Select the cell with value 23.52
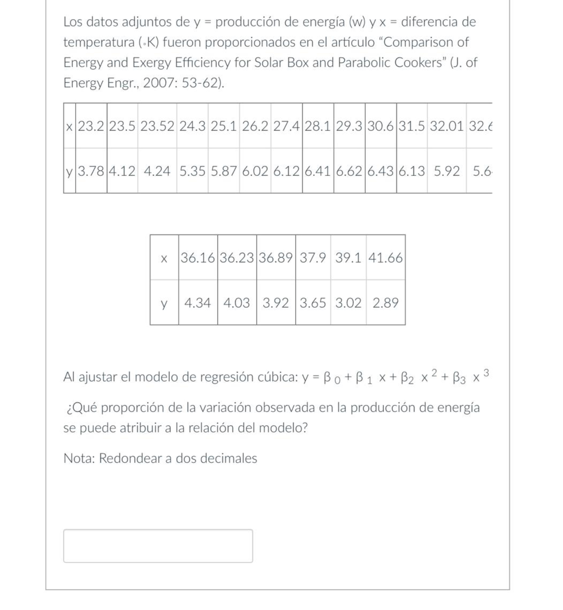(x=157, y=126)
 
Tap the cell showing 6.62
(x=349, y=171)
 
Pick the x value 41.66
(x=385, y=258)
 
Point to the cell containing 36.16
(x=198, y=258)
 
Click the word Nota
(x=79, y=458)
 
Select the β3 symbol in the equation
(x=459, y=378)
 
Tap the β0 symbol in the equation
(x=331, y=378)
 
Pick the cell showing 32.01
(x=446, y=126)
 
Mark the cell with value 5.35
(x=192, y=171)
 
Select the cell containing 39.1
(x=348, y=258)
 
